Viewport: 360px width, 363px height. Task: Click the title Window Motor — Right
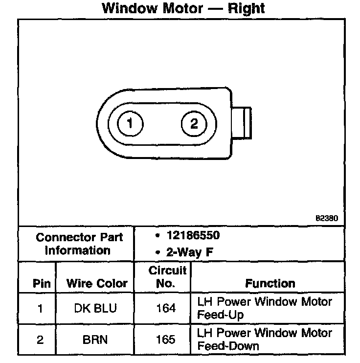pyautogui.click(x=183, y=8)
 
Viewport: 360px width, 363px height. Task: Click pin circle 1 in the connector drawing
pyautogui.click(x=130, y=123)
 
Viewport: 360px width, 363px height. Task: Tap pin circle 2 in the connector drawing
pyautogui.click(x=194, y=123)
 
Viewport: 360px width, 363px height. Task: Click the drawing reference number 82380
pyautogui.click(x=327, y=219)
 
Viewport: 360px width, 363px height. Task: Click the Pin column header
pyautogui.click(x=39, y=283)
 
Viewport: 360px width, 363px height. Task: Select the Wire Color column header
pyautogui.click(x=97, y=283)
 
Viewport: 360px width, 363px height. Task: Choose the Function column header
pyautogui.click(x=270, y=283)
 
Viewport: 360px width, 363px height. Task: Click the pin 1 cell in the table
pyautogui.click(x=39, y=308)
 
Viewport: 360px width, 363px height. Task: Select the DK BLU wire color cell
pyautogui.click(x=97, y=308)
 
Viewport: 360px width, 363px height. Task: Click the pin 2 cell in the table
pyautogui.click(x=39, y=340)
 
